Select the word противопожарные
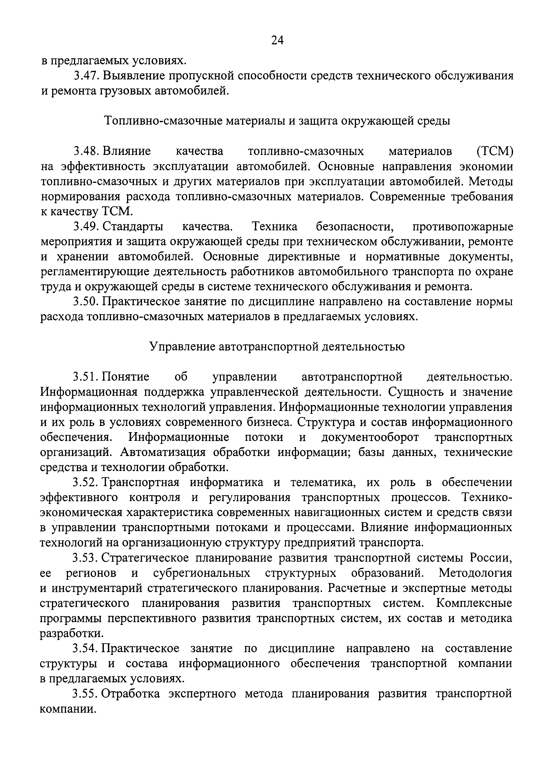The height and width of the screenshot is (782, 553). point(463,227)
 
